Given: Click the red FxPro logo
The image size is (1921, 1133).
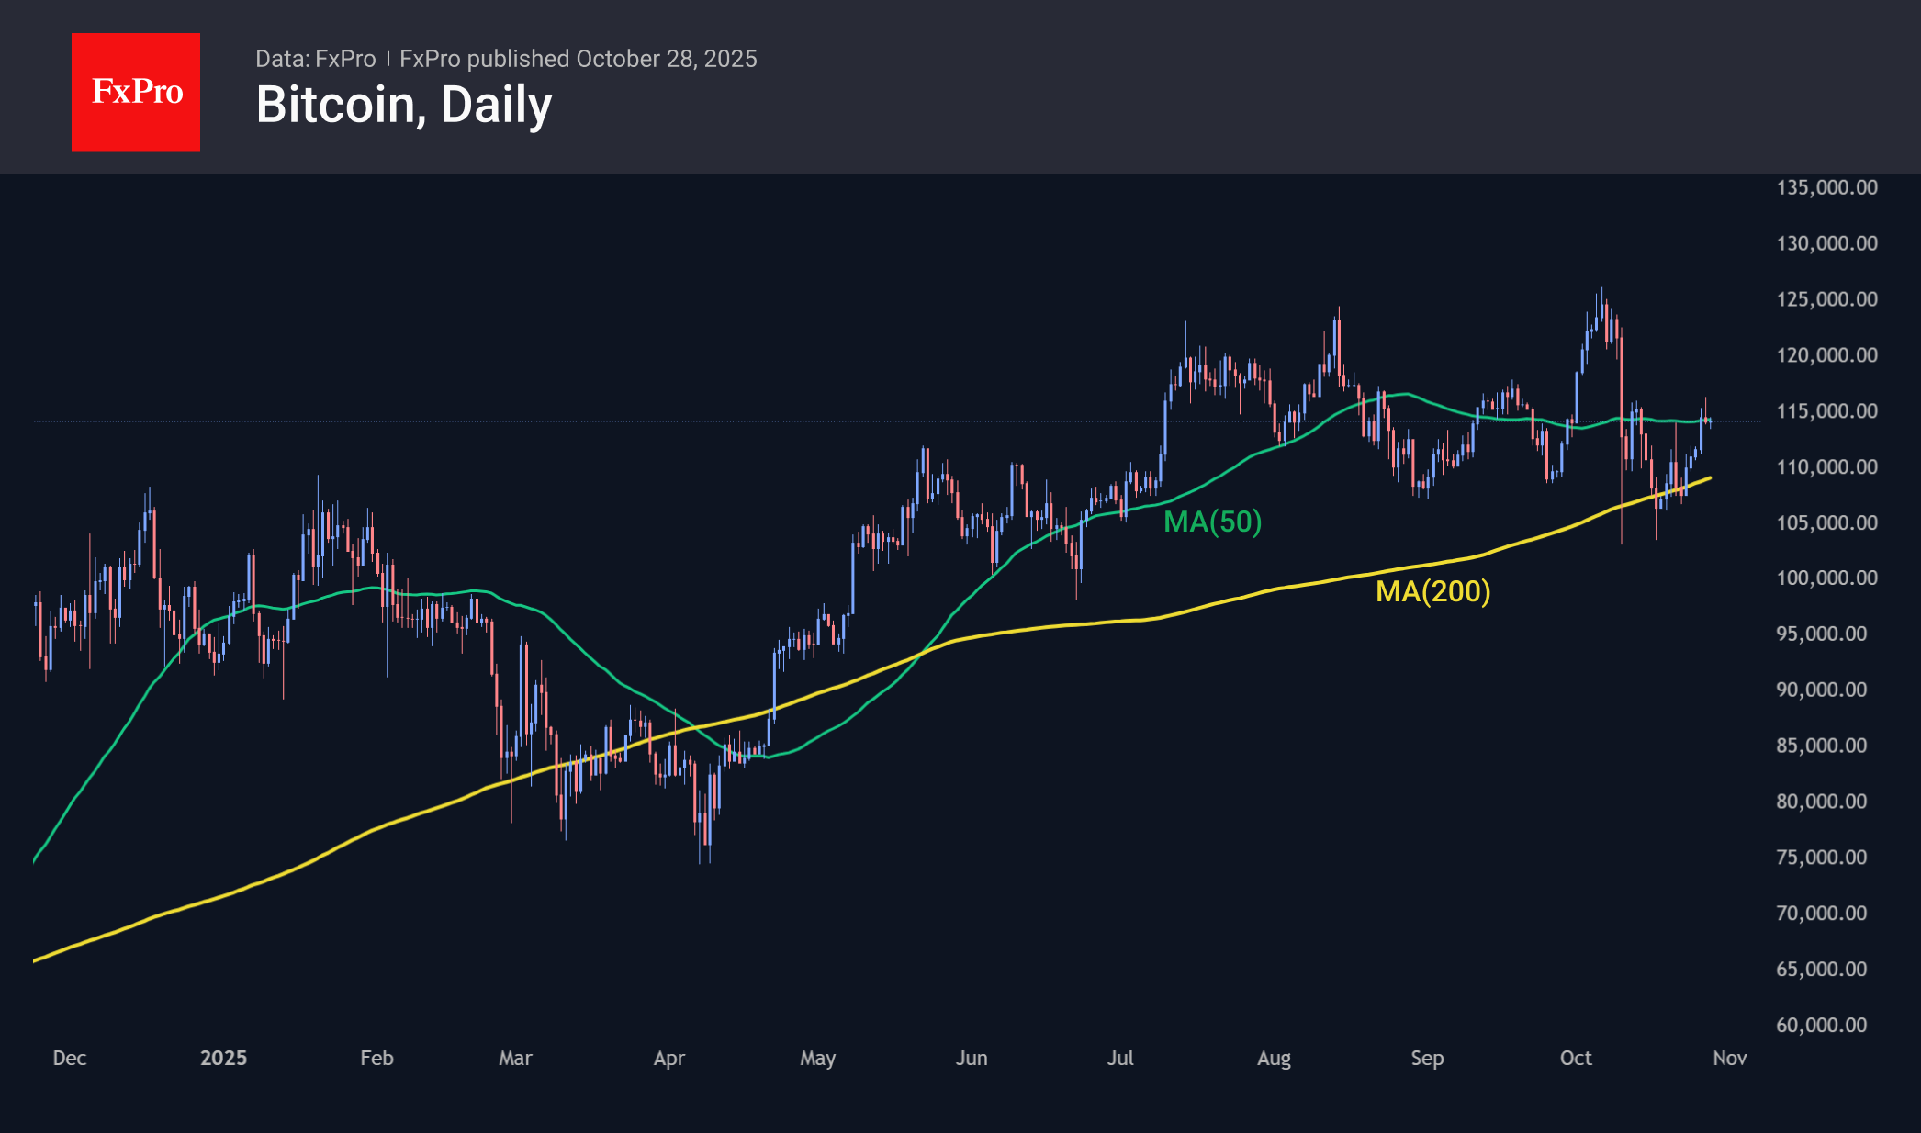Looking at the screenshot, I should click(136, 92).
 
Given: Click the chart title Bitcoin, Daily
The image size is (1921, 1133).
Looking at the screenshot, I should click(404, 105).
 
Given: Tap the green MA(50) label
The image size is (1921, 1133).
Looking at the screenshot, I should click(1212, 522).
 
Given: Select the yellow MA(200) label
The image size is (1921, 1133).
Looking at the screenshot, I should click(1432, 591).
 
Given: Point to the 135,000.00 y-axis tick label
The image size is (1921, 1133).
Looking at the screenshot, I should click(1826, 187).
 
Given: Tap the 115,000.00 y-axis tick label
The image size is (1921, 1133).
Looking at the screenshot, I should click(1826, 410).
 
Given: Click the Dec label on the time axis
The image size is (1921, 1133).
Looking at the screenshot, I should click(70, 1058).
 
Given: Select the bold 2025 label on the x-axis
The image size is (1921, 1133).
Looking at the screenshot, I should click(223, 1058).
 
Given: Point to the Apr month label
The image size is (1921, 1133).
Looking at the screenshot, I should click(668, 1058).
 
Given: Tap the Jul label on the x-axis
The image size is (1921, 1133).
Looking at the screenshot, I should click(1120, 1058).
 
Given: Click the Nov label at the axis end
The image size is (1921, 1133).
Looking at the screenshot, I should click(1729, 1058).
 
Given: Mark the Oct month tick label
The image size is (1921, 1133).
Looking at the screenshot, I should click(1576, 1058).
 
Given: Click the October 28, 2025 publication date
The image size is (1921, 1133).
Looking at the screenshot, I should click(666, 59).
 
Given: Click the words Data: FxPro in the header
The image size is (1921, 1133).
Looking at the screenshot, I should click(315, 59).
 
